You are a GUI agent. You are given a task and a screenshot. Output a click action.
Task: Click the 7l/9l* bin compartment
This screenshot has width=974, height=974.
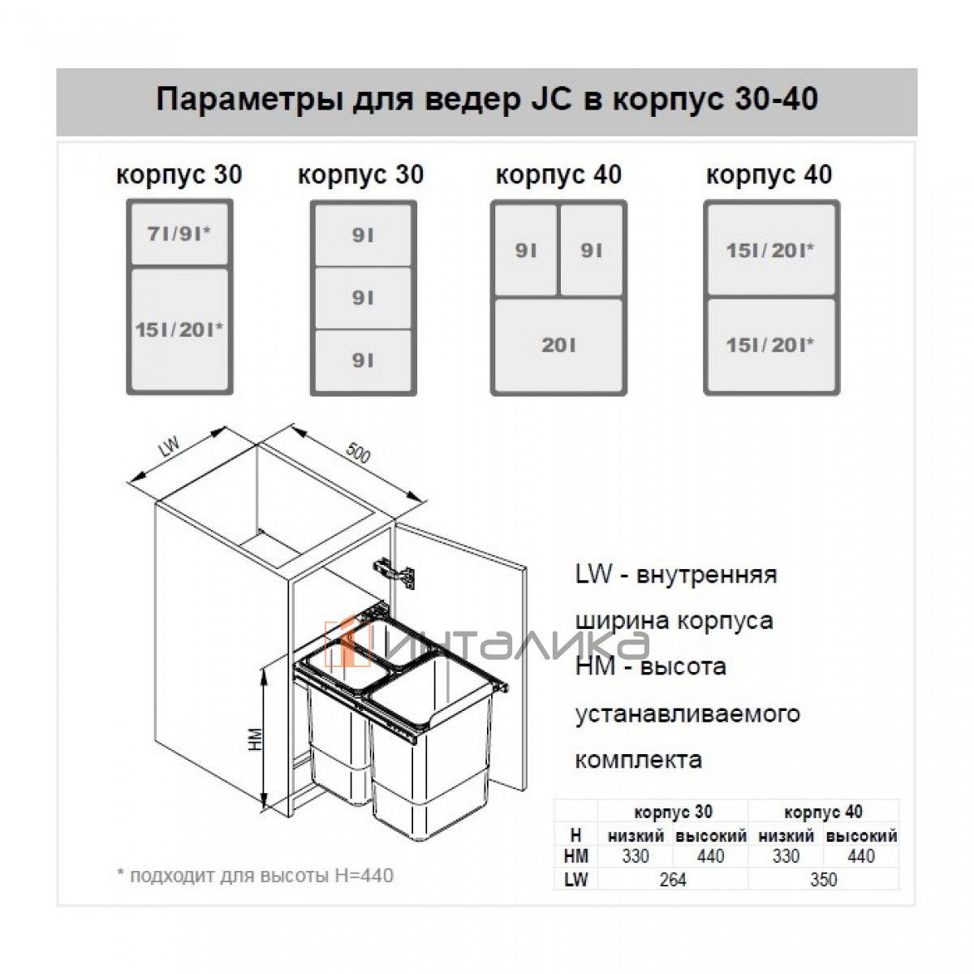179,235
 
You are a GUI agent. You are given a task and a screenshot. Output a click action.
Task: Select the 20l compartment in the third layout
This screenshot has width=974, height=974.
558,345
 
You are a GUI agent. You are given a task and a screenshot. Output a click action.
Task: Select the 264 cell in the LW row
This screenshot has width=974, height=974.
672,879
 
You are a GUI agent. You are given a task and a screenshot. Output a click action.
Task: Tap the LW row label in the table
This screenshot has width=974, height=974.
575,879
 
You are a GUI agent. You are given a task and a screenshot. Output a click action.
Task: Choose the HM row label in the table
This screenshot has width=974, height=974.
575,856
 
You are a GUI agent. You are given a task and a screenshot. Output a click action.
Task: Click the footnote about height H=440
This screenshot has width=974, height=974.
255,876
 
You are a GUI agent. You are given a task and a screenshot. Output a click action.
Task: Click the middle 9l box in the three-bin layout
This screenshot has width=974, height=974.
363,298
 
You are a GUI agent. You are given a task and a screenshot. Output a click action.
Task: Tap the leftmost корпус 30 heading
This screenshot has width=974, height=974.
179,175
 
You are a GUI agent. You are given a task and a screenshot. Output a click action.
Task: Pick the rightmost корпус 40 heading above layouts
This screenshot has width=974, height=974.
769,175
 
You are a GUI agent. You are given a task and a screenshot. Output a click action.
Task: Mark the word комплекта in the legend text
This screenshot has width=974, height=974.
638,761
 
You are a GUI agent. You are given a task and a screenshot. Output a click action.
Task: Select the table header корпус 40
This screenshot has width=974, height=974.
823,812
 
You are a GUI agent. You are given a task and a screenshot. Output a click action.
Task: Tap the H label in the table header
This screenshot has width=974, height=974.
575,834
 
